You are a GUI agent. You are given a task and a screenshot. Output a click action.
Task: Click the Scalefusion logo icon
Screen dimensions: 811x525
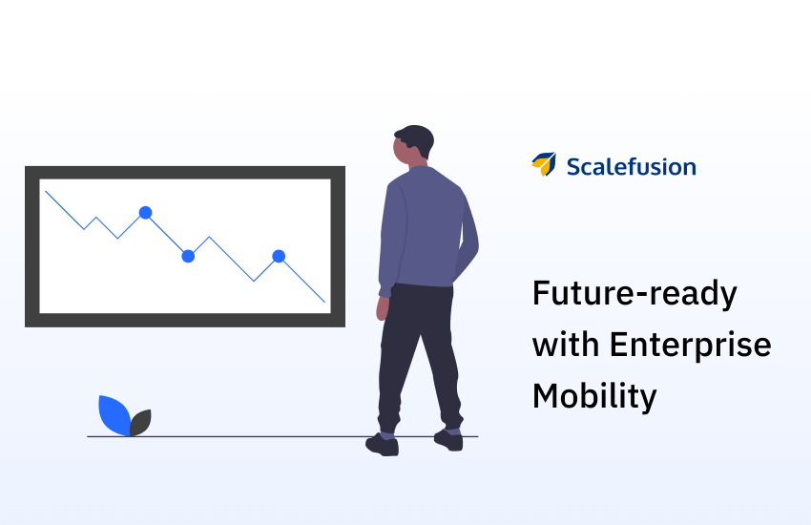click(544, 164)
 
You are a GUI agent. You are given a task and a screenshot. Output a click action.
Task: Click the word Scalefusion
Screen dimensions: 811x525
click(631, 166)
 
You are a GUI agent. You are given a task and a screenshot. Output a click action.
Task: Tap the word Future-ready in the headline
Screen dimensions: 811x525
click(634, 294)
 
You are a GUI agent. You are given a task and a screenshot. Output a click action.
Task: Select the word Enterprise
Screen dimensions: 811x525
click(691, 345)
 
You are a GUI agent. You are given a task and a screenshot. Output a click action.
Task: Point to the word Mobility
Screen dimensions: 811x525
click(594, 396)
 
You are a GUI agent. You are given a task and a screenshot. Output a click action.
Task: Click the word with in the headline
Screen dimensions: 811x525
click(566, 344)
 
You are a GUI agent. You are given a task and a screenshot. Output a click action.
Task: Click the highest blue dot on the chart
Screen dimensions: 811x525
click(145, 213)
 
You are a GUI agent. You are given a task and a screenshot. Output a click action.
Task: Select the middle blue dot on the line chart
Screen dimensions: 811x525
click(188, 256)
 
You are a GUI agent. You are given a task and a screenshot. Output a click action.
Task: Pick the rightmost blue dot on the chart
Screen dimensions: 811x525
click(279, 256)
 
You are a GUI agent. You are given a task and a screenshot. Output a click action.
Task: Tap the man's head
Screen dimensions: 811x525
click(413, 145)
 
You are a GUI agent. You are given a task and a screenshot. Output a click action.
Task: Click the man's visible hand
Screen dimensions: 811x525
click(383, 308)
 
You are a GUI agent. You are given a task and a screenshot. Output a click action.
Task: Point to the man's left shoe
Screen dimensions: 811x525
click(383, 446)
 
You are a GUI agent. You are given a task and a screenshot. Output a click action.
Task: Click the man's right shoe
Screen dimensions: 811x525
click(448, 441)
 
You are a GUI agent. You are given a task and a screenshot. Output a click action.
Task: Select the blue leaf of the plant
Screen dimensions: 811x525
click(114, 415)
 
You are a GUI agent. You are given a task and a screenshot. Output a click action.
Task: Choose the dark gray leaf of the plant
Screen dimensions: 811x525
click(140, 423)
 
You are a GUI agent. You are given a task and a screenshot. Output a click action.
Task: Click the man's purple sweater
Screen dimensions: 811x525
click(423, 227)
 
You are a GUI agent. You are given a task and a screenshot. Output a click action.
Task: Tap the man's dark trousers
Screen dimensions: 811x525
click(418, 357)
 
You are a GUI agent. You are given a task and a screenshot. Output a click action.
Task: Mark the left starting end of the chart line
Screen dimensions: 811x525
click(46, 191)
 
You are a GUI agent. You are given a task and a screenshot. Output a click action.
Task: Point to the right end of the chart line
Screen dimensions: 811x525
click(324, 302)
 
